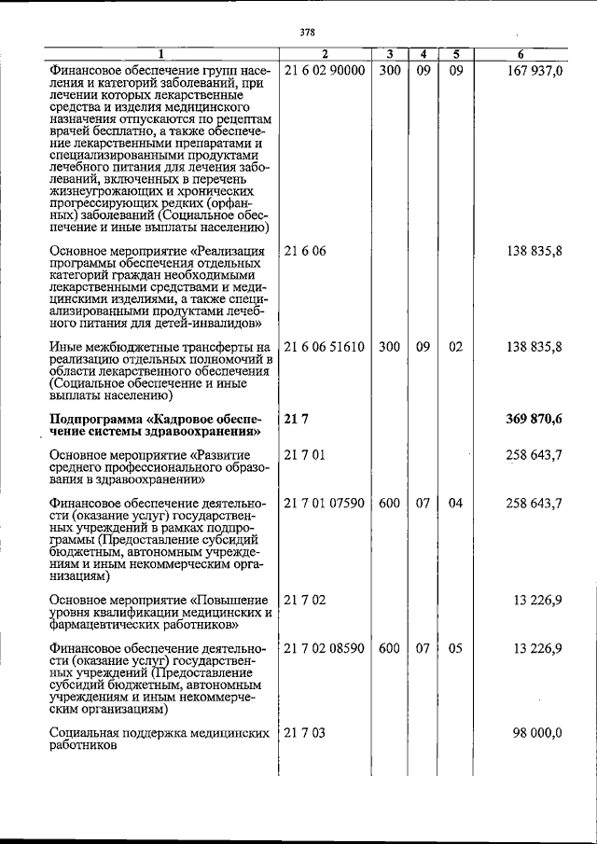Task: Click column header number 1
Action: [x=160, y=54]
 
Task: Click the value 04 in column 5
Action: [x=455, y=504]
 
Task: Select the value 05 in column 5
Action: [x=455, y=648]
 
